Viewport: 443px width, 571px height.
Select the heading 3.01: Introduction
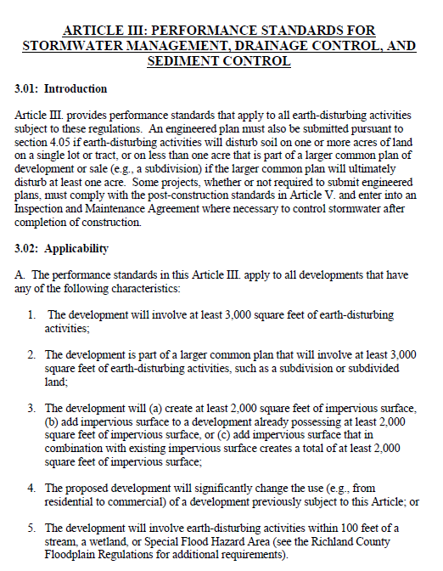click(61, 88)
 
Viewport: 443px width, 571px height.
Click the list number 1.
click(31, 314)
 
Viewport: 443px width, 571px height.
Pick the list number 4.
click(31, 488)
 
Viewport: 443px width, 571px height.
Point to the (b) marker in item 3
click(53, 422)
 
